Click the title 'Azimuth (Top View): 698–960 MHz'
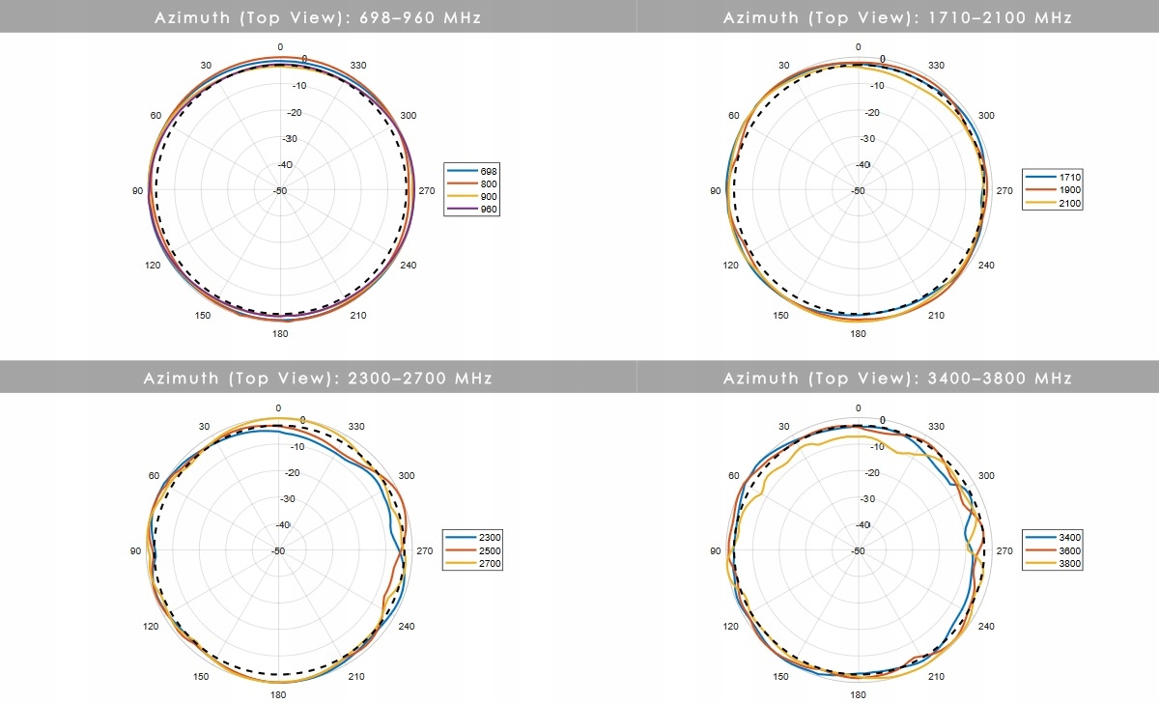pos(318,17)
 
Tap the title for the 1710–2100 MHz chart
pos(897,17)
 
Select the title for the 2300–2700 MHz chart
pos(318,378)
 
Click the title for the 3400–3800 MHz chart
pos(897,378)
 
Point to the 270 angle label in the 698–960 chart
pos(426,191)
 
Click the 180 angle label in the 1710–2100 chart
pos(858,335)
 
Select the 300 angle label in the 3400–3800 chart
pos(986,476)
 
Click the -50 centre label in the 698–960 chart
pos(279,191)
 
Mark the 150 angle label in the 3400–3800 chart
pos(780,676)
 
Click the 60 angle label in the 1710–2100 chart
pos(733,116)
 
